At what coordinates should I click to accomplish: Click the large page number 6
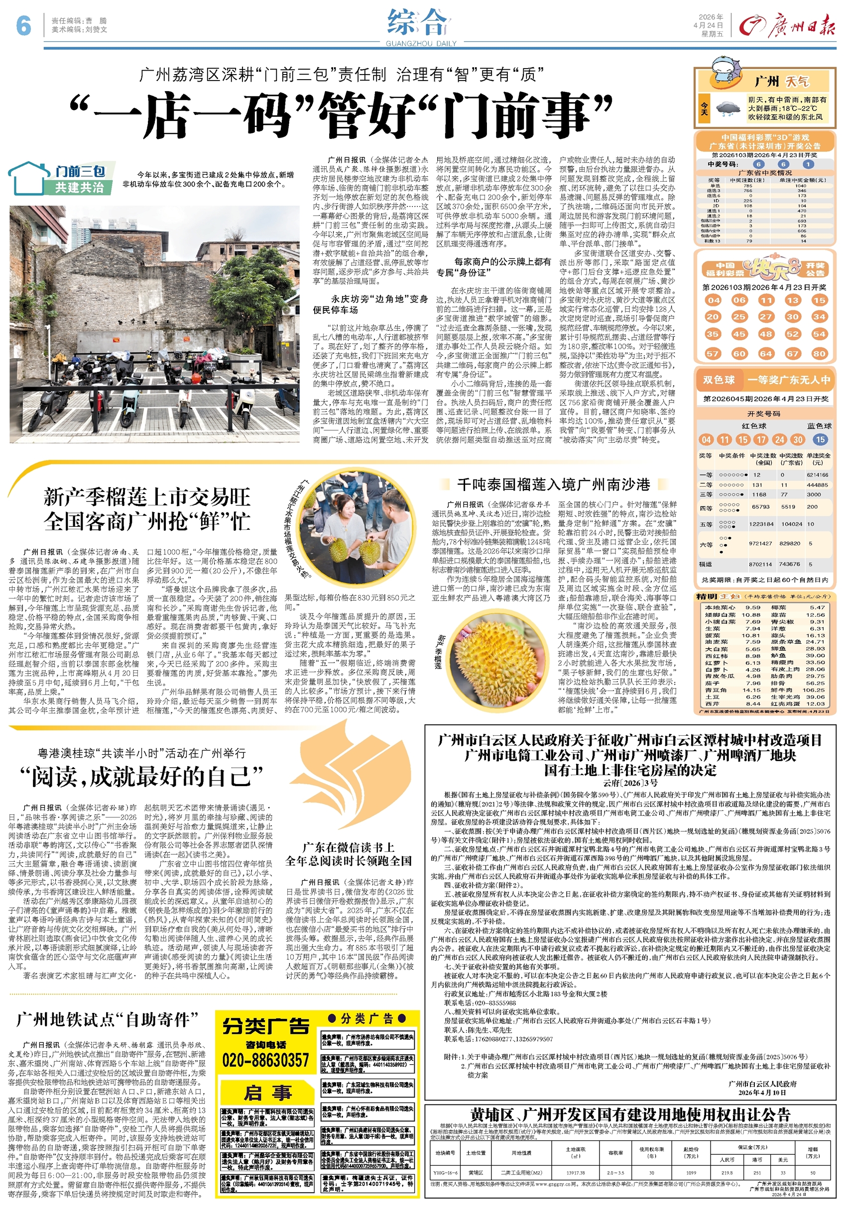[x=23, y=25]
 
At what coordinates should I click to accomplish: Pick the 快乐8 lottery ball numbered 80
[x=819, y=353]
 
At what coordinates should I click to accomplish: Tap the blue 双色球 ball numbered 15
[x=819, y=440]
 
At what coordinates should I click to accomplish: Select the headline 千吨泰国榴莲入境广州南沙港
[x=554, y=484]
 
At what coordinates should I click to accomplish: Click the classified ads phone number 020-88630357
[x=265, y=1060]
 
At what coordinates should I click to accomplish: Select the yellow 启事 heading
[x=267, y=1093]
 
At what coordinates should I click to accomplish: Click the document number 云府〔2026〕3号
[x=630, y=783]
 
